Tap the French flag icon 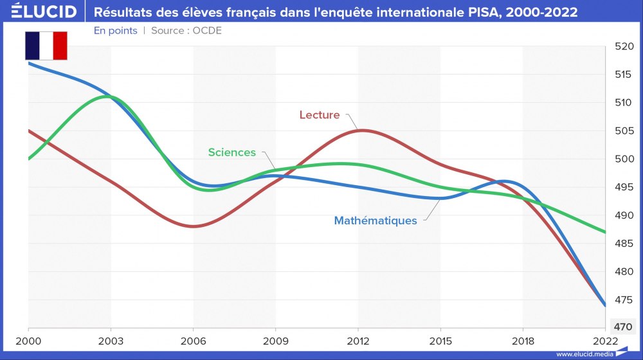(x=46, y=46)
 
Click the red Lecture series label (x=319, y=115)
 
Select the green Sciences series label (x=231, y=152)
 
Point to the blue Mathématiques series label (x=375, y=221)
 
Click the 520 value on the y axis (x=624, y=46)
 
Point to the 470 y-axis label (x=624, y=327)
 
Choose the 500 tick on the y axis (x=624, y=159)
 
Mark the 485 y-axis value (x=624, y=243)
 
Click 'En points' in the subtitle (x=115, y=30)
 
